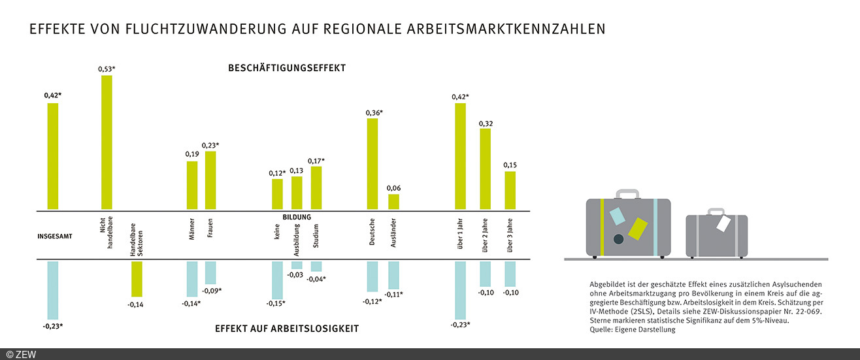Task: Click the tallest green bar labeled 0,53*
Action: click(x=107, y=142)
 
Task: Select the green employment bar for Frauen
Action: click(x=210, y=180)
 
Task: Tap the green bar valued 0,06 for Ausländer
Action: click(x=393, y=202)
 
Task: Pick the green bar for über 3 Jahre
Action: click(x=510, y=191)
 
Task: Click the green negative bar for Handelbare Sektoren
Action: click(x=136, y=279)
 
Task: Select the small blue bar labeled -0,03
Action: click(x=297, y=265)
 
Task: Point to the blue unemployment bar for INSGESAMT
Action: click(x=53, y=290)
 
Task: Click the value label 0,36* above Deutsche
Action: click(x=374, y=112)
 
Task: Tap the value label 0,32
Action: click(x=486, y=123)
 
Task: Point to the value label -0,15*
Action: click(x=276, y=303)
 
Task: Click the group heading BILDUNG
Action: click(x=297, y=217)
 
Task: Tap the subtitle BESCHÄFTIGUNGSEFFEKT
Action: click(x=286, y=68)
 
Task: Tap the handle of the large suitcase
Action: click(x=629, y=194)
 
